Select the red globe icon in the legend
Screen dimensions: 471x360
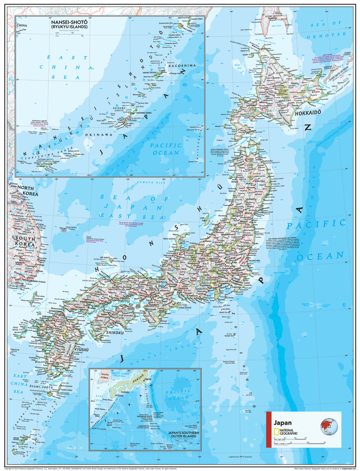click(329, 426)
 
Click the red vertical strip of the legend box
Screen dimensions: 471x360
click(268, 429)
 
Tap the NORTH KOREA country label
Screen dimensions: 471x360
click(27, 190)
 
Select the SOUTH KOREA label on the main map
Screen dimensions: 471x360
click(25, 241)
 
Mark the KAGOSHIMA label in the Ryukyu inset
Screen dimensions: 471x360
click(182, 66)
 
